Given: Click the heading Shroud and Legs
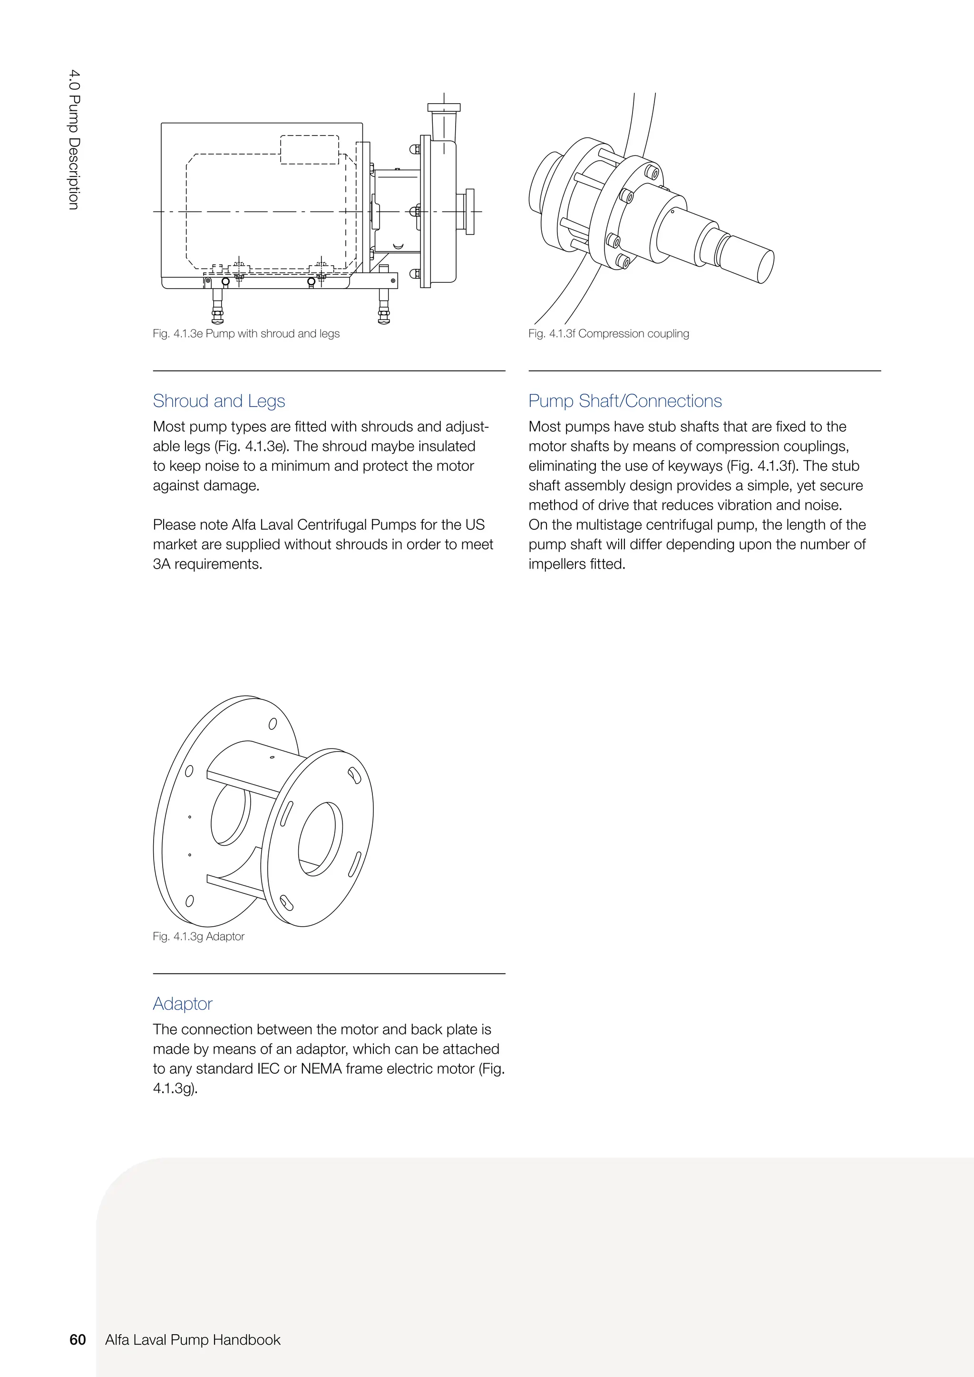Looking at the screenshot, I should tap(219, 401).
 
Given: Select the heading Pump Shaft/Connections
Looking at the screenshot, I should tap(625, 401).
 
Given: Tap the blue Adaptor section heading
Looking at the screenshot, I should tap(182, 1003).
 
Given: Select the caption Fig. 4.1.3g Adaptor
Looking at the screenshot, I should tap(198, 936).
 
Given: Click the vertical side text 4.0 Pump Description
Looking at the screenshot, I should tap(73, 139).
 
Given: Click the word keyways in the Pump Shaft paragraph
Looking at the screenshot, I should tap(695, 466).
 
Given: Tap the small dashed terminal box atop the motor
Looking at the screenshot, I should tap(310, 149).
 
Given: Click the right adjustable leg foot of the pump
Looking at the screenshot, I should tap(384, 318).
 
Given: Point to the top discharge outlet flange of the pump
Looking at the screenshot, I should tap(444, 107).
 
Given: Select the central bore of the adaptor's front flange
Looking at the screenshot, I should tap(320, 838).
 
